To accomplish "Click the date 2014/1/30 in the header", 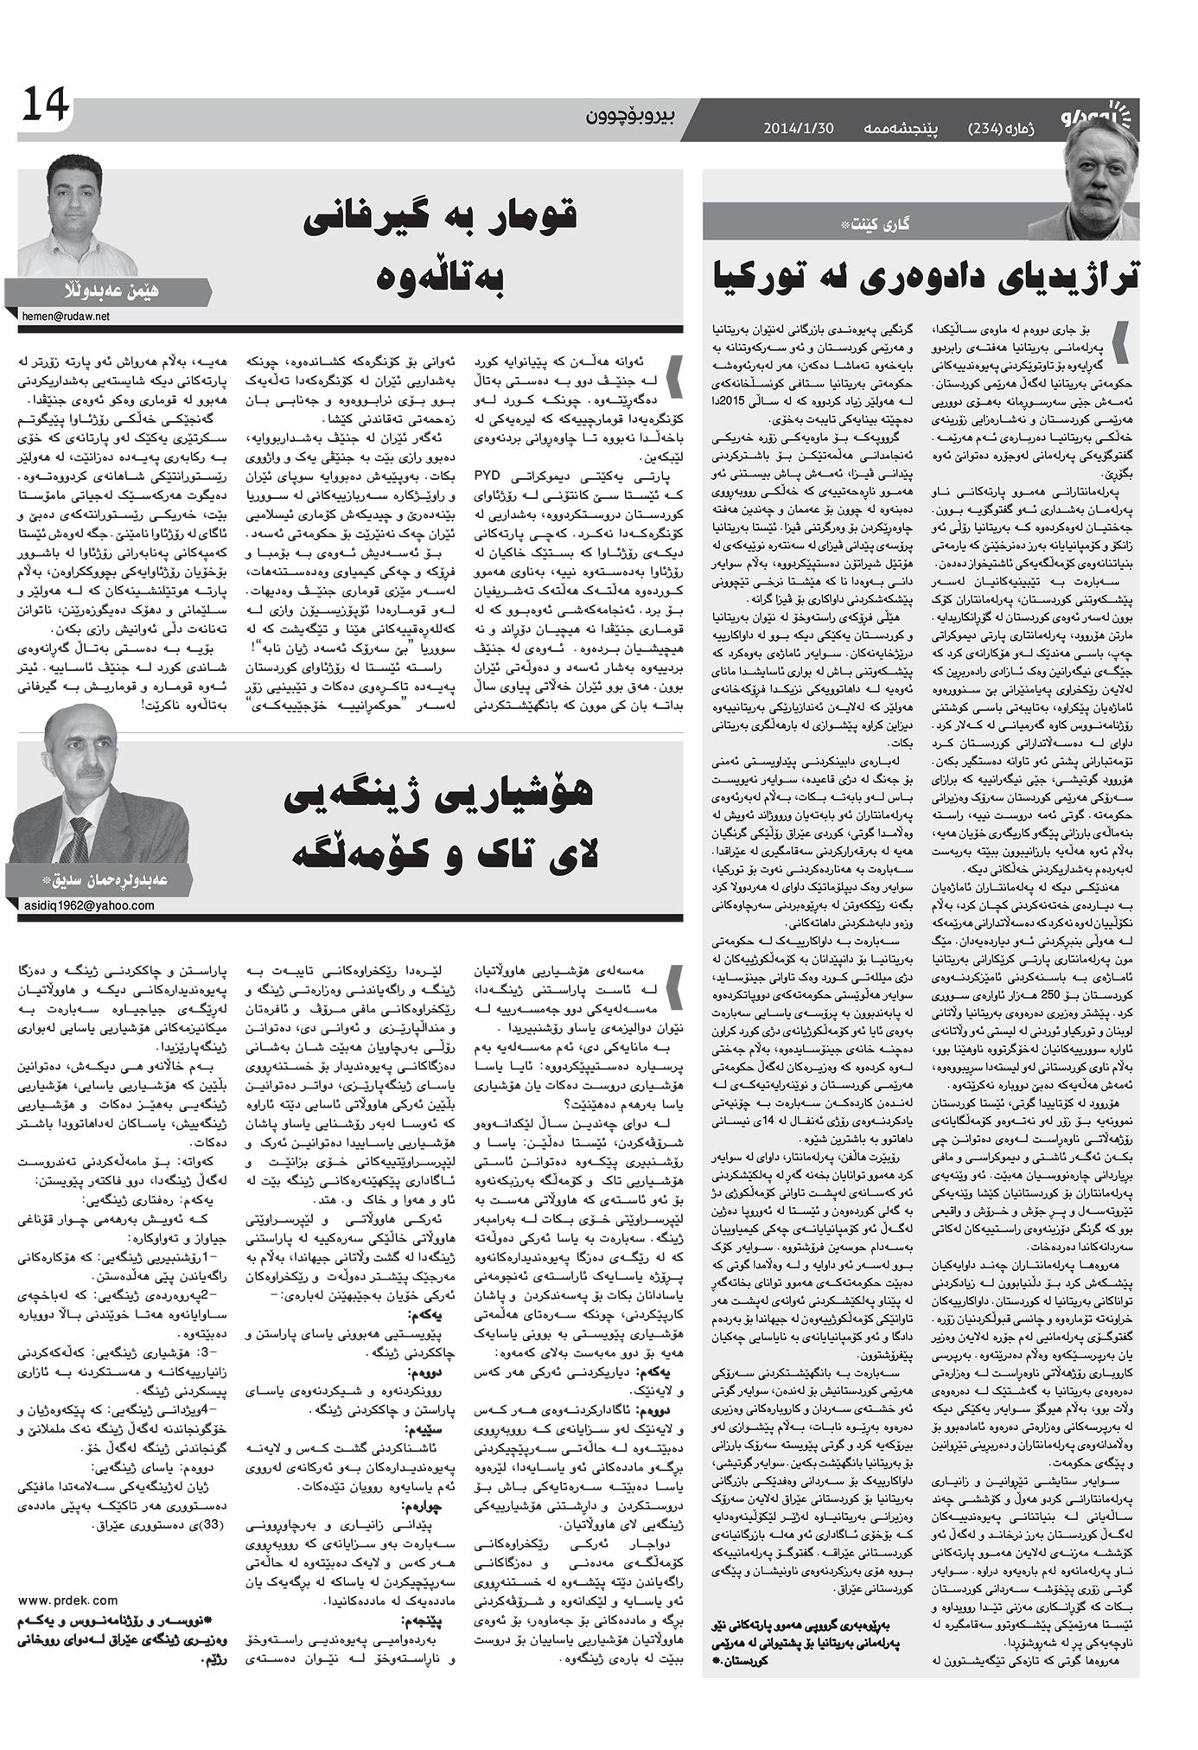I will coord(798,127).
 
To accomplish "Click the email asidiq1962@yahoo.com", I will coord(86,904).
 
